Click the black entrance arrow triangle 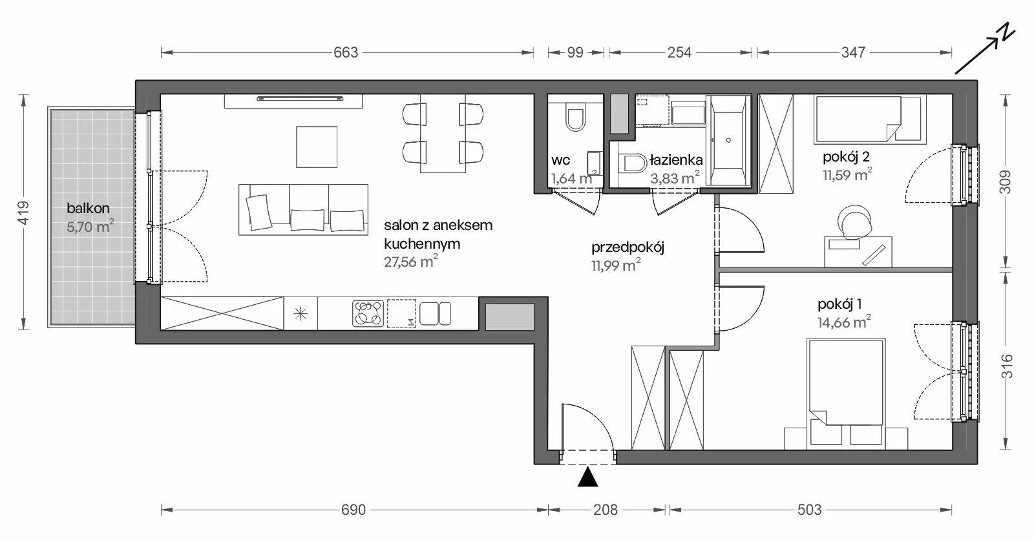pyautogui.click(x=587, y=477)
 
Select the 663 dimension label pyautogui.click(x=346, y=52)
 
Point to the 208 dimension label pyautogui.click(x=605, y=510)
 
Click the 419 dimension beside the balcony pyautogui.click(x=23, y=213)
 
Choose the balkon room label pyautogui.click(x=88, y=208)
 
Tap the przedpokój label pyautogui.click(x=628, y=247)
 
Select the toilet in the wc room pyautogui.click(x=575, y=117)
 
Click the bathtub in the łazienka pyautogui.click(x=728, y=141)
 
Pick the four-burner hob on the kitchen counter pyautogui.click(x=368, y=314)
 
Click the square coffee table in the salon pyautogui.click(x=317, y=147)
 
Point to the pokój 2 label pyautogui.click(x=846, y=157)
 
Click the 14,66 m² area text pyautogui.click(x=844, y=322)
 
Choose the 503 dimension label pyautogui.click(x=809, y=510)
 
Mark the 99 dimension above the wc pyautogui.click(x=575, y=52)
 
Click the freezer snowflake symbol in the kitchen pyautogui.click(x=301, y=314)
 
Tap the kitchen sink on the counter pyautogui.click(x=435, y=314)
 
